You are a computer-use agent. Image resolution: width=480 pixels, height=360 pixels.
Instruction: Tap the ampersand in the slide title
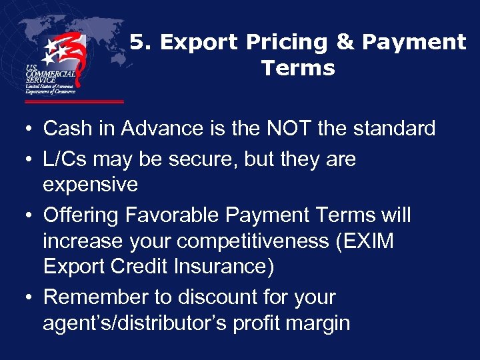coord(345,43)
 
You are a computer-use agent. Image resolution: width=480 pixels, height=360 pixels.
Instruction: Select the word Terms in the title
coord(298,68)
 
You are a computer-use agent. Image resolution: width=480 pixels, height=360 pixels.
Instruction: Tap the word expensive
coord(90,185)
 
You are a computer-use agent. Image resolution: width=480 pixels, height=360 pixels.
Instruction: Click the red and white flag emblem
coord(64,60)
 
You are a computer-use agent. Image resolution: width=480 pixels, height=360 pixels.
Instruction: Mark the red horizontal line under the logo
coord(74,102)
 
